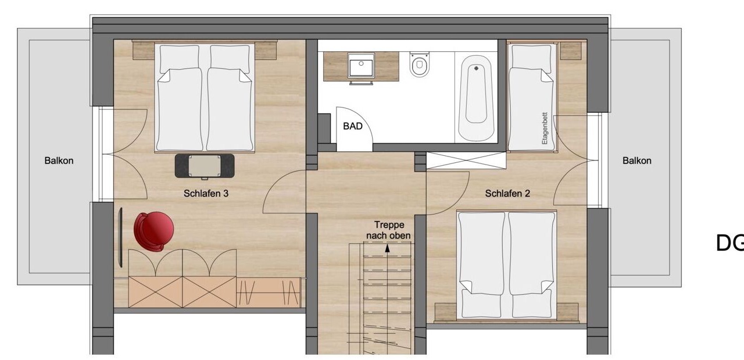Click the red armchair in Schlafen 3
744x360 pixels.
[153, 231]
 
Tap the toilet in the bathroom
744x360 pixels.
[420, 65]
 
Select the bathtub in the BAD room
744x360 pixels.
[475, 98]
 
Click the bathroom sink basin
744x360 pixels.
[362, 67]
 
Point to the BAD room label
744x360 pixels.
[352, 126]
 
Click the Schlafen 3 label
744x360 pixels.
[206, 194]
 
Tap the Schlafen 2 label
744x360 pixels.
[507, 194]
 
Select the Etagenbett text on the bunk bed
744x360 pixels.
[545, 129]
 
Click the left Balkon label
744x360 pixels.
[59, 161]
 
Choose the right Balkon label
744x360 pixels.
[636, 161]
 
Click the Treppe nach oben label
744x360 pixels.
[388, 230]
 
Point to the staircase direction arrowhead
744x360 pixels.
[387, 248]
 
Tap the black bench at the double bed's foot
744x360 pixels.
[205, 166]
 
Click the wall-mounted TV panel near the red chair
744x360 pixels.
[120, 237]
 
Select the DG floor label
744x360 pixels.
[729, 243]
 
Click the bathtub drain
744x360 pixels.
[476, 68]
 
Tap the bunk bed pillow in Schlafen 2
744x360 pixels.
[531, 56]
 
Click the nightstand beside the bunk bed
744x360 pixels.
[571, 51]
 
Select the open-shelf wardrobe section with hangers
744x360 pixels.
[269, 293]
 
